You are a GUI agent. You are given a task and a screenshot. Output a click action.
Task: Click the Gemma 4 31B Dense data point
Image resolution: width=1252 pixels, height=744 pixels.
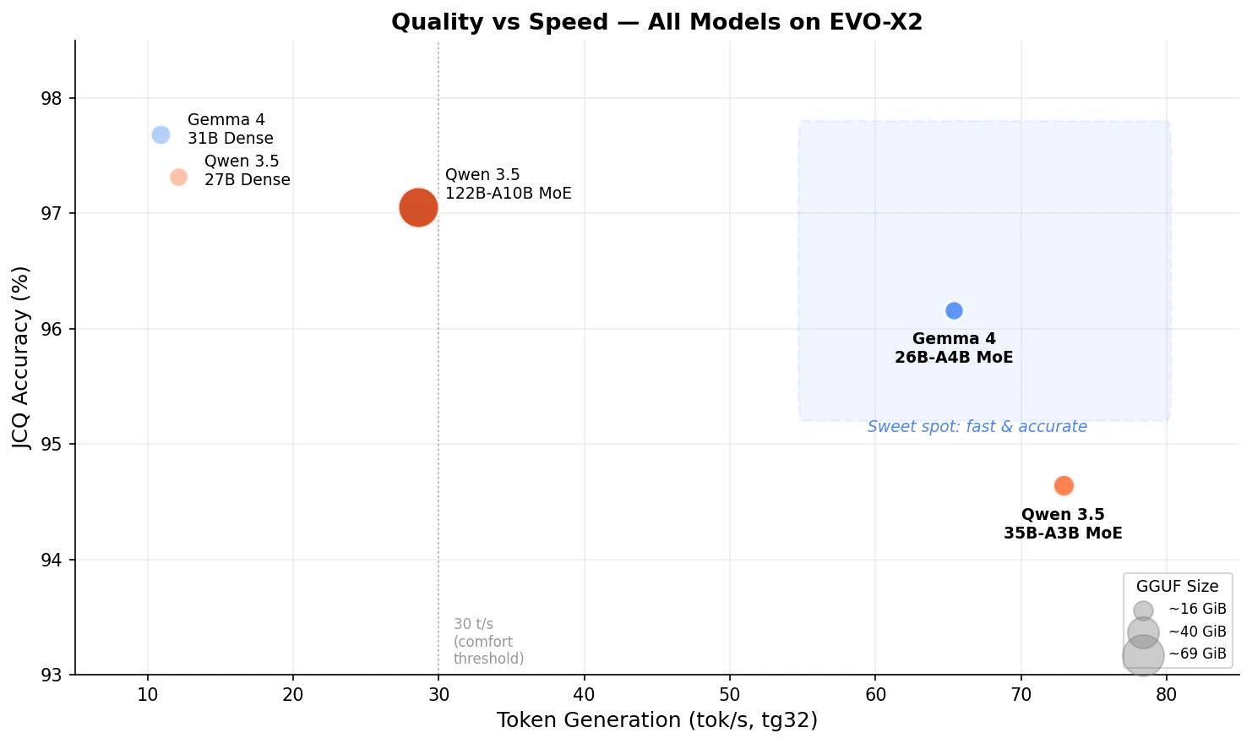161,134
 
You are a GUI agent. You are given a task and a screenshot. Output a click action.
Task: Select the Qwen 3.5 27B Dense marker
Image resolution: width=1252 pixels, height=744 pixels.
178,177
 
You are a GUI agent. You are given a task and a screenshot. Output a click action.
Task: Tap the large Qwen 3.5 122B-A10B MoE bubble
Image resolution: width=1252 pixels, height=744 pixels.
418,207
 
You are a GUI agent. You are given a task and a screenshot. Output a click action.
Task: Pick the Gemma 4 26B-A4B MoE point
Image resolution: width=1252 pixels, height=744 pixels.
954,310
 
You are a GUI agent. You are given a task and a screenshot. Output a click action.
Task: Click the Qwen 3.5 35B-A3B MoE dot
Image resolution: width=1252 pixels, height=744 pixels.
1064,485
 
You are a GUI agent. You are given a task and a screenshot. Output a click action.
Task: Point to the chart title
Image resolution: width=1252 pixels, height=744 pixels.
656,22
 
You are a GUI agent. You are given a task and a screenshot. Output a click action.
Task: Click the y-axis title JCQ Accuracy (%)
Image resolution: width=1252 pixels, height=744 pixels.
21,358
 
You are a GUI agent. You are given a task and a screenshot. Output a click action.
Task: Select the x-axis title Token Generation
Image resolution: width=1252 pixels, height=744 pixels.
656,720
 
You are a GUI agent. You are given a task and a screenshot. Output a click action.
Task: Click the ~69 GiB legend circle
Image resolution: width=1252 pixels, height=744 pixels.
1143,654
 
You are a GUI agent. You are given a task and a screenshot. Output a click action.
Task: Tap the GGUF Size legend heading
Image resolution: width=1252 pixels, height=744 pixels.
1177,587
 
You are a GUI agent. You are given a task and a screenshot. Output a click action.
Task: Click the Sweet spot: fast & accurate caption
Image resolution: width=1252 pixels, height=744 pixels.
977,427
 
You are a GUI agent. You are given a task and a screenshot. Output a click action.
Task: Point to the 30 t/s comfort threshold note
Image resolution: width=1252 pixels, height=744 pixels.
488,642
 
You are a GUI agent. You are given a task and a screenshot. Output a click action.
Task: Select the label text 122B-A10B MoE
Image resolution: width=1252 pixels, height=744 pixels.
509,194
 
